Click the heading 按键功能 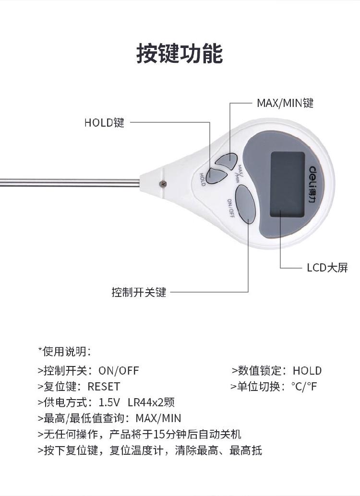[180, 53]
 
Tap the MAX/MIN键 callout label [285, 103]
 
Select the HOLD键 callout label [104, 122]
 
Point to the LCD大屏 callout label [327, 268]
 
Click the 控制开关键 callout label [139, 292]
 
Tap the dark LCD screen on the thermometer [288, 184]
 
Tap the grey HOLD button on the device [216, 176]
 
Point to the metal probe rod [70, 182]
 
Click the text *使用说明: [65, 352]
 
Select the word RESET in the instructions [104, 387]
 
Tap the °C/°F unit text [304, 386]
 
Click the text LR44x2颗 [151, 402]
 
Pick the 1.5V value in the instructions [109, 402]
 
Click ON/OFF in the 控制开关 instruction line [119, 370]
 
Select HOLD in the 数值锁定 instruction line [307, 370]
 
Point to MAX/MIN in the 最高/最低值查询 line [158, 418]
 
